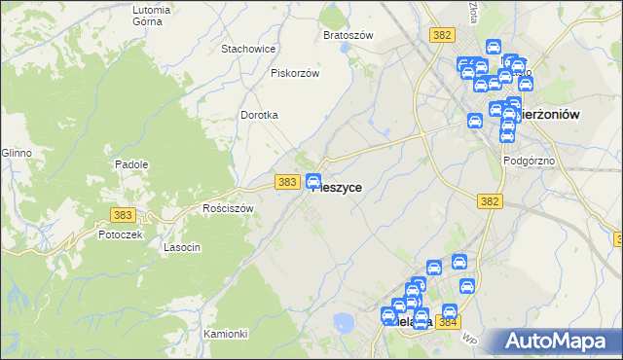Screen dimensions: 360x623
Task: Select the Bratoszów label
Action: coord(348,35)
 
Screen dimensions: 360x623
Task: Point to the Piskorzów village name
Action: coord(295,73)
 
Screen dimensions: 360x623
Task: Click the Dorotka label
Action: coord(260,115)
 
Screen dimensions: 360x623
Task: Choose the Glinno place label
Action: coord(17,154)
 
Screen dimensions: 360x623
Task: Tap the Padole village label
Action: coord(131,164)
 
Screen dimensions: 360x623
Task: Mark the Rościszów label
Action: coord(228,208)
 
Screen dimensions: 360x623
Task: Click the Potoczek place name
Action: coord(121,234)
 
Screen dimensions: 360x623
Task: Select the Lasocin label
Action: coord(182,247)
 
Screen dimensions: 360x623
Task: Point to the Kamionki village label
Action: coord(226,334)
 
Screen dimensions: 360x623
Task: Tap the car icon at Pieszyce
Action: coord(314,181)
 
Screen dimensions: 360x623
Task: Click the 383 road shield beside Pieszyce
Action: coord(286,182)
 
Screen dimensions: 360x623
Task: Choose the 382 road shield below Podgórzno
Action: coord(490,201)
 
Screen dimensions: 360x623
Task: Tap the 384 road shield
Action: coord(448,322)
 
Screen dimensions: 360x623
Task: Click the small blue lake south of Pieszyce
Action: coord(343,322)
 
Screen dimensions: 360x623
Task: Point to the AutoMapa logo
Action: coord(559,341)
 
